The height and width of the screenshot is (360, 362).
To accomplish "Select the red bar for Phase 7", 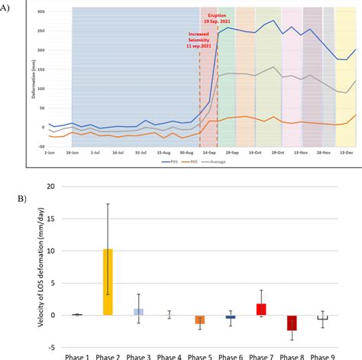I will coord(261,310).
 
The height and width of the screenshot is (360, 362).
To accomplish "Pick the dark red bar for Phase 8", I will coord(292,323).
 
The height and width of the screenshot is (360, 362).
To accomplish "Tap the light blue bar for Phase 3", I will coord(138,312).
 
